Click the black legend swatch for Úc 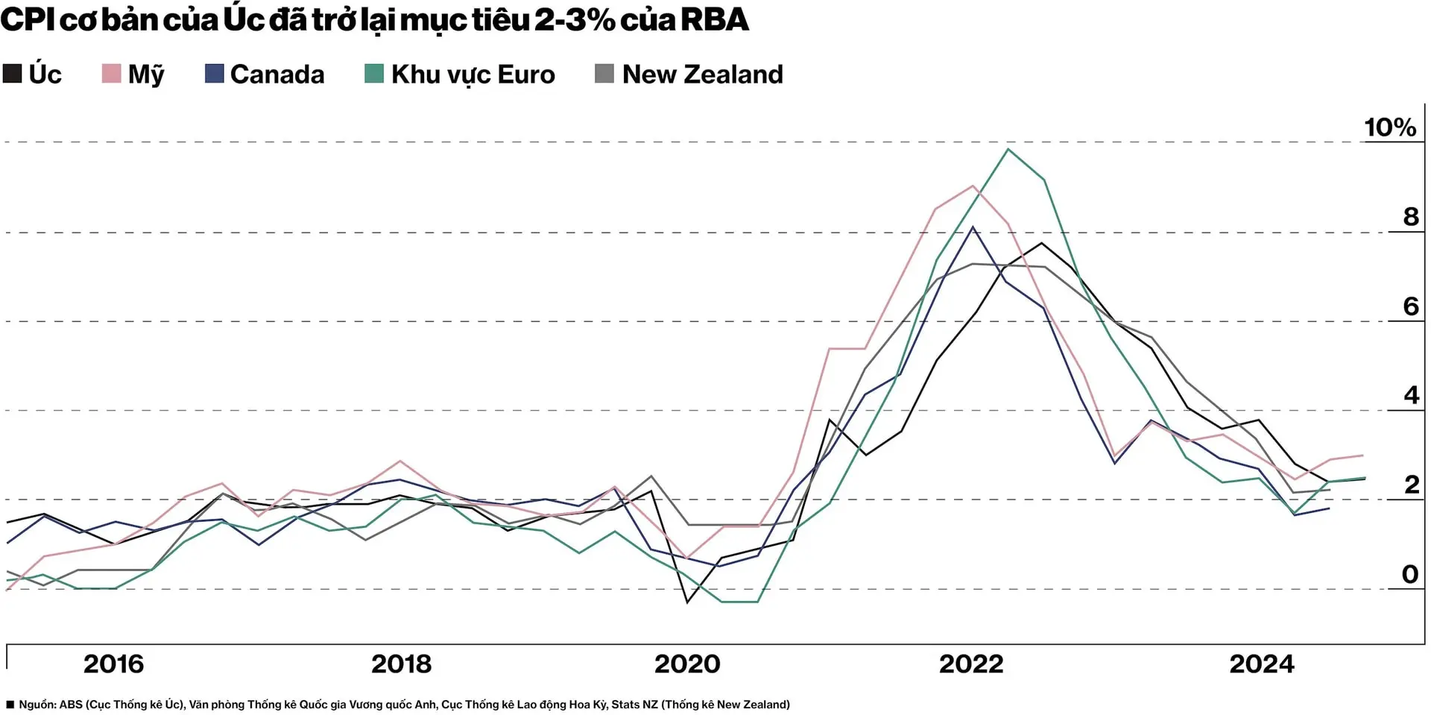point(13,74)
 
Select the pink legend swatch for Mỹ point(111,74)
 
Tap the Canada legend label point(277,75)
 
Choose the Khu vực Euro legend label point(473,75)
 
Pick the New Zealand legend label point(702,75)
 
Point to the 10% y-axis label point(1389,127)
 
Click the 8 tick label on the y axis point(1410,217)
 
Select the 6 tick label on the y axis point(1410,306)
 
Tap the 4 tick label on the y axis point(1411,395)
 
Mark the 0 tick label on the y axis point(1409,574)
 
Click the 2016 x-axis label point(113,664)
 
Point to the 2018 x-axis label point(401,664)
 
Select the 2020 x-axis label point(687,664)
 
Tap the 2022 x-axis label point(971,664)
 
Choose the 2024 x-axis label point(1261,664)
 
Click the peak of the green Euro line point(1008,149)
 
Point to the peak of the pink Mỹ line point(973,186)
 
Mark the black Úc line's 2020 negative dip point(686,602)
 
